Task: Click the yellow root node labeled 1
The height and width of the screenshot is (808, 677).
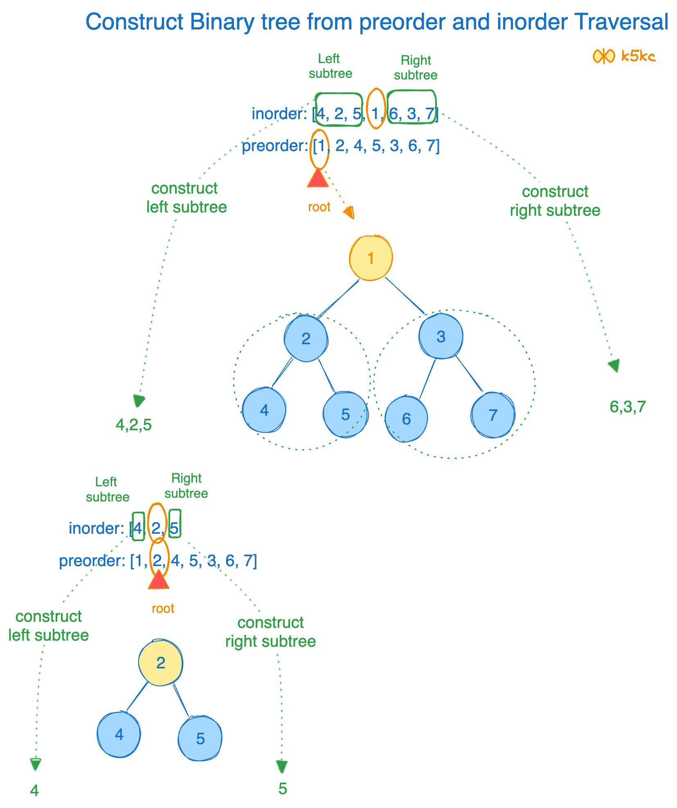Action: point(371,258)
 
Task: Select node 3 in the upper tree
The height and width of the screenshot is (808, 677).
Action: point(441,336)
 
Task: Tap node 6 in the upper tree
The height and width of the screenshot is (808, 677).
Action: point(406,419)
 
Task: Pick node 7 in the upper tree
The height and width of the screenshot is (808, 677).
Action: point(493,415)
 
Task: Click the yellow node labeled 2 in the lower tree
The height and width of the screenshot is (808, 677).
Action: point(160,663)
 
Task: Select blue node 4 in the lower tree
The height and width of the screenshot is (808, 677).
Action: point(119,735)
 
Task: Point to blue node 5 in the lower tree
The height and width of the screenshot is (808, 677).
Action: point(200,738)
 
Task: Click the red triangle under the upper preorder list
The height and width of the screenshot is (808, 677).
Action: point(318,178)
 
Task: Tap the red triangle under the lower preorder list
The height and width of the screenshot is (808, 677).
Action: point(159,580)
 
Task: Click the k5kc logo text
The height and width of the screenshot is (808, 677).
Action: point(638,56)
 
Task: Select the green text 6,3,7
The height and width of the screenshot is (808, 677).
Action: point(628,407)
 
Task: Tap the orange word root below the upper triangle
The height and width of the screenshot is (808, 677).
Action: point(319,207)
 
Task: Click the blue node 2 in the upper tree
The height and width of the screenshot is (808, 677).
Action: point(306,339)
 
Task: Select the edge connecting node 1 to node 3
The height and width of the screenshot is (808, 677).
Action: point(405,296)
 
